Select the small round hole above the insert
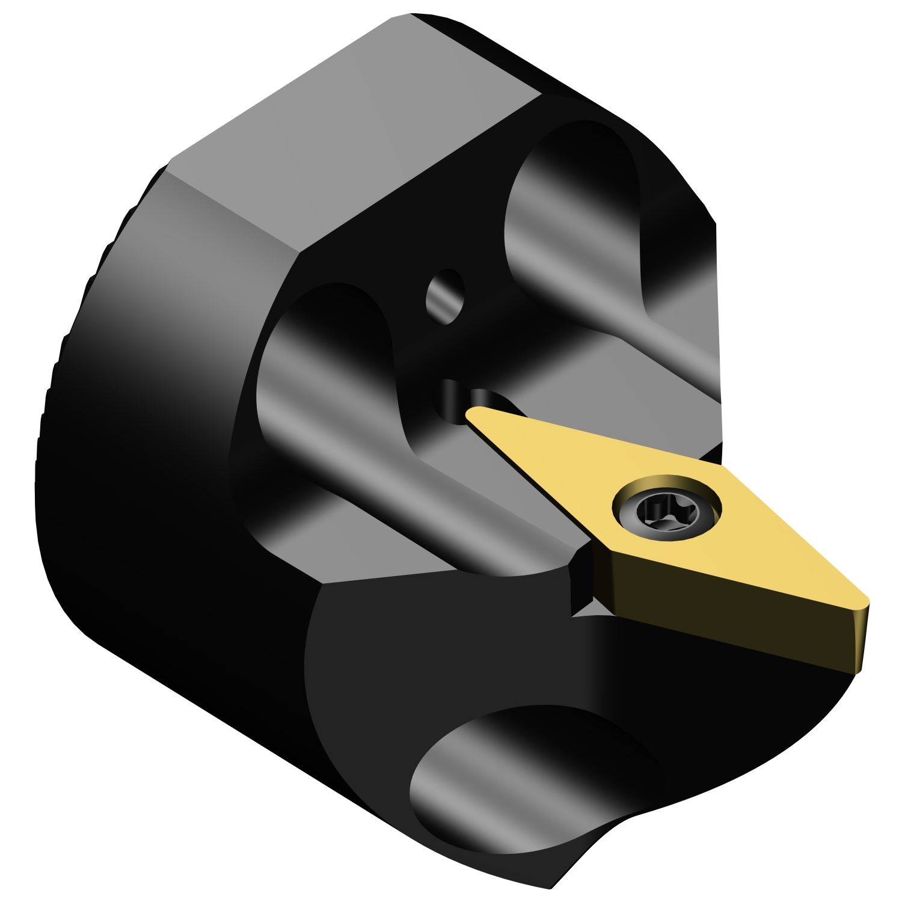tap(446, 297)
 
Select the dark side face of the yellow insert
tap(722, 613)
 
